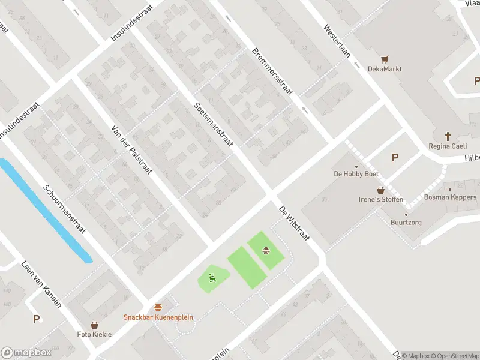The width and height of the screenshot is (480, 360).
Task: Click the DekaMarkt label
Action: (385, 69)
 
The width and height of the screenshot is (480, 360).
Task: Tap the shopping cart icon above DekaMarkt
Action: (385, 59)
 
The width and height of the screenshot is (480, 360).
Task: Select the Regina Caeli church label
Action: (448, 146)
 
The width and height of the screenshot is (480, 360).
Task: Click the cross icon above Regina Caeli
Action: (448, 136)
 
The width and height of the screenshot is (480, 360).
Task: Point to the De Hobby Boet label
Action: (356, 174)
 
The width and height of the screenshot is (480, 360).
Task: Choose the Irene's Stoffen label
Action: (380, 199)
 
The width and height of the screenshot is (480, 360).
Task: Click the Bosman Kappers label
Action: (450, 197)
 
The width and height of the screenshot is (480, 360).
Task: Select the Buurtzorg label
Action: (406, 222)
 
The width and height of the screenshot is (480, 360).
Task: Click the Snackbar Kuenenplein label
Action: (158, 317)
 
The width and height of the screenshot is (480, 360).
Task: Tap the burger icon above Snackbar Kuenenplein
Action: (158, 307)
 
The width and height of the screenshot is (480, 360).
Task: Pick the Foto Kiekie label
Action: (94, 334)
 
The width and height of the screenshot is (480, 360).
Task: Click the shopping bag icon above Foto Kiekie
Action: (94, 325)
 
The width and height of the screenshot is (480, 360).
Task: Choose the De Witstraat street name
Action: (293, 224)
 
